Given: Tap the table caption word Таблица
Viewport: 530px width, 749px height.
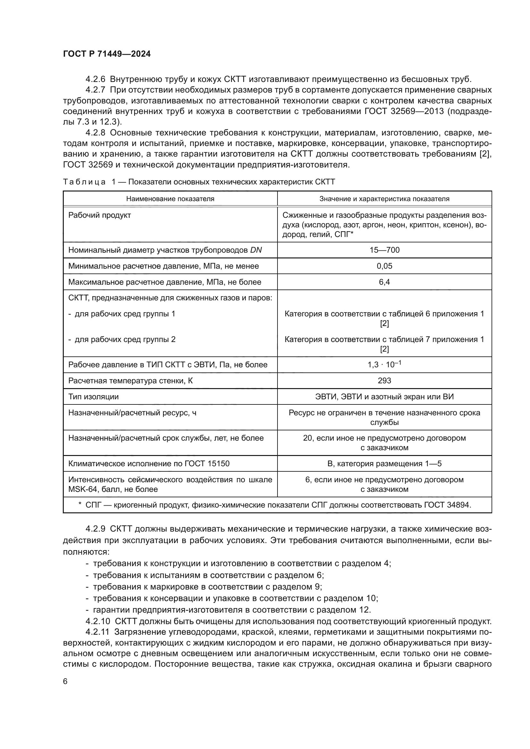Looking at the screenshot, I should [x=84, y=182].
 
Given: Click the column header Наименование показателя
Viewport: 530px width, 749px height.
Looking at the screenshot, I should [x=170, y=199].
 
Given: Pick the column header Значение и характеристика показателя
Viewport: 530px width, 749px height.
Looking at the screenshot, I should [x=384, y=199].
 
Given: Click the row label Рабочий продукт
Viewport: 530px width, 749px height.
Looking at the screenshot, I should [x=100, y=215].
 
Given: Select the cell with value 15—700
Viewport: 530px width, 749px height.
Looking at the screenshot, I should [x=384, y=250].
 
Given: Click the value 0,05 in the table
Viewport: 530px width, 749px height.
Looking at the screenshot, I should [x=384, y=266].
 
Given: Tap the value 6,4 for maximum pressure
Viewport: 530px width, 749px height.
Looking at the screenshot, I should [x=384, y=282].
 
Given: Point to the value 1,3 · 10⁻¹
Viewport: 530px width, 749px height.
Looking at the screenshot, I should [x=384, y=365].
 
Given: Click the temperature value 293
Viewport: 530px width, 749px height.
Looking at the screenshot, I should [x=384, y=381].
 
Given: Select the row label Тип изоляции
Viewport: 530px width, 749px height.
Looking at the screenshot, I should [x=93, y=397].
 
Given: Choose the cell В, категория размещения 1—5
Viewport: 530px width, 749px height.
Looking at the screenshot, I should [x=384, y=464].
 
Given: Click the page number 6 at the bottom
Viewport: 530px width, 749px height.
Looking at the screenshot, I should [x=65, y=681].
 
